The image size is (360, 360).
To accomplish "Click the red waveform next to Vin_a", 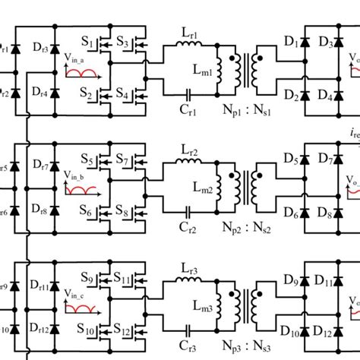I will [82, 74].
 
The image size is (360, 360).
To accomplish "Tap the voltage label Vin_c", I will [77, 298].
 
